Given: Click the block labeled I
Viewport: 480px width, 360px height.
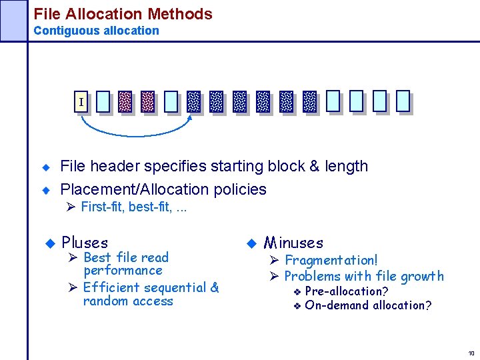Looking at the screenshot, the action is pos(81,102).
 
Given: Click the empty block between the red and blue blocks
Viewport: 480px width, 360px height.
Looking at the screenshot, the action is pos(171,101).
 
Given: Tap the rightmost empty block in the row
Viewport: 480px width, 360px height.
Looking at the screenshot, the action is pos(403,101).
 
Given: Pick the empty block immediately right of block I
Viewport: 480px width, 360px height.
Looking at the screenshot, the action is pos(102,101).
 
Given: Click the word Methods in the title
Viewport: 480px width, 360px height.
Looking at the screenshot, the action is pos(180,14).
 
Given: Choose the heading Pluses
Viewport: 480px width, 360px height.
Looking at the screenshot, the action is pos(85,243).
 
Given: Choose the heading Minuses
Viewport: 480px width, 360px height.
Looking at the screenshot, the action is pos(293,243).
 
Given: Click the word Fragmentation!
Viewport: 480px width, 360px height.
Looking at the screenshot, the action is pos(331,260).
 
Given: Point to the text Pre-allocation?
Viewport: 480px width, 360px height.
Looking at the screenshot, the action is pos(347,291).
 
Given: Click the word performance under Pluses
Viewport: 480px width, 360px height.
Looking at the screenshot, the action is pos(123,271).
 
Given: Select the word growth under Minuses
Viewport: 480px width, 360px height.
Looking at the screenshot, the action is pos(421,276).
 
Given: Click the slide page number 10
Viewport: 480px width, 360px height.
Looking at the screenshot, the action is pos(471,353).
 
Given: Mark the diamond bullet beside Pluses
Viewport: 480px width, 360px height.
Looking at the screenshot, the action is pos(49,243).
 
